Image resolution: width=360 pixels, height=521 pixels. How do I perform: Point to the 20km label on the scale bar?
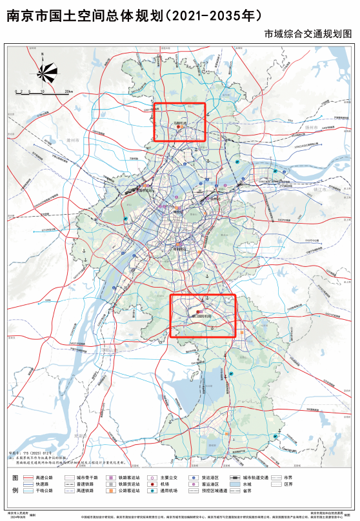pyautogui.click(x=67, y=92)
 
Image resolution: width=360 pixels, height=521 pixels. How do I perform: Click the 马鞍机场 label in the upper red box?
pyautogui.click(x=180, y=121)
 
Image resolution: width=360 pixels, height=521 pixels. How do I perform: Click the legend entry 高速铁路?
pyautogui.click(x=85, y=490)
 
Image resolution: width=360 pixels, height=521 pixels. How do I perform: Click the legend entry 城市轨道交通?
pyautogui.click(x=255, y=477)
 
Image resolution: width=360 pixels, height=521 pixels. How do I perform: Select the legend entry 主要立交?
pyautogui.click(x=170, y=477)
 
